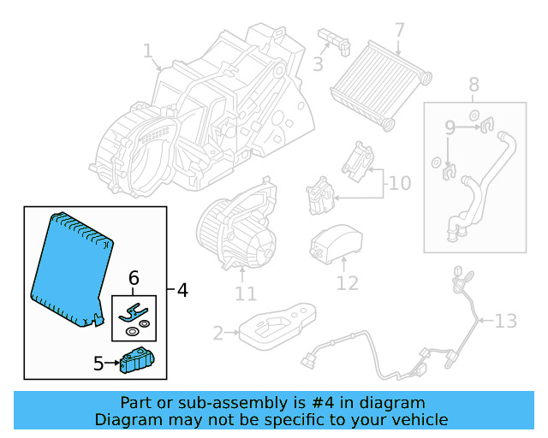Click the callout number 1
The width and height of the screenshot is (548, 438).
(146, 52)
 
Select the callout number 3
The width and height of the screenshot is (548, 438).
(317, 64)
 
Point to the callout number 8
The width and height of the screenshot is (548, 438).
(474, 84)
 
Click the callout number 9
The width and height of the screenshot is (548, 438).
(449, 129)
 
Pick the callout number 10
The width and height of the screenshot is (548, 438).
(399, 183)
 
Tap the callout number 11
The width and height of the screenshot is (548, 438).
(246, 294)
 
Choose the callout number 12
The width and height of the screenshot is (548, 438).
(347, 281)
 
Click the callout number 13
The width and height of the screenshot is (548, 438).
(506, 321)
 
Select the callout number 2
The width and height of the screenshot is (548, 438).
(217, 332)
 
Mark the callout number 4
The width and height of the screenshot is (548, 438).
(182, 291)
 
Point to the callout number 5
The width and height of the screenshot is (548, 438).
(98, 364)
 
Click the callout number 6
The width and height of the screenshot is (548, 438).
(133, 278)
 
